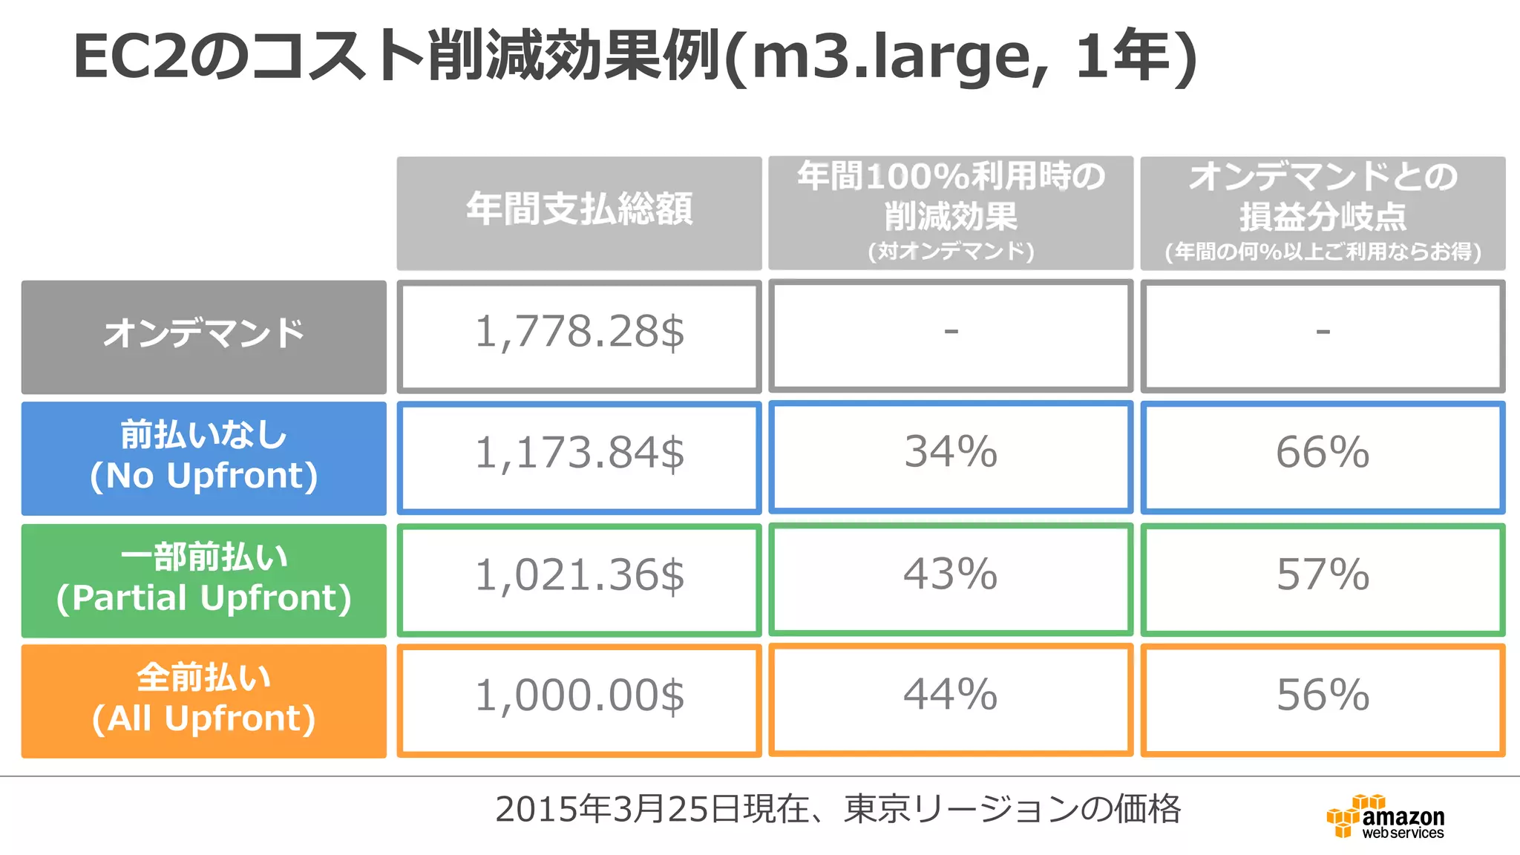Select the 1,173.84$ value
click(579, 453)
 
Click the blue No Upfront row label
click(204, 458)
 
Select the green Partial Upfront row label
click(204, 580)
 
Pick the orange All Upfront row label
click(204, 701)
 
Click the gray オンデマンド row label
click(204, 336)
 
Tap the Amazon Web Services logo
click(1385, 817)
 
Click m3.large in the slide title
click(898, 58)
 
